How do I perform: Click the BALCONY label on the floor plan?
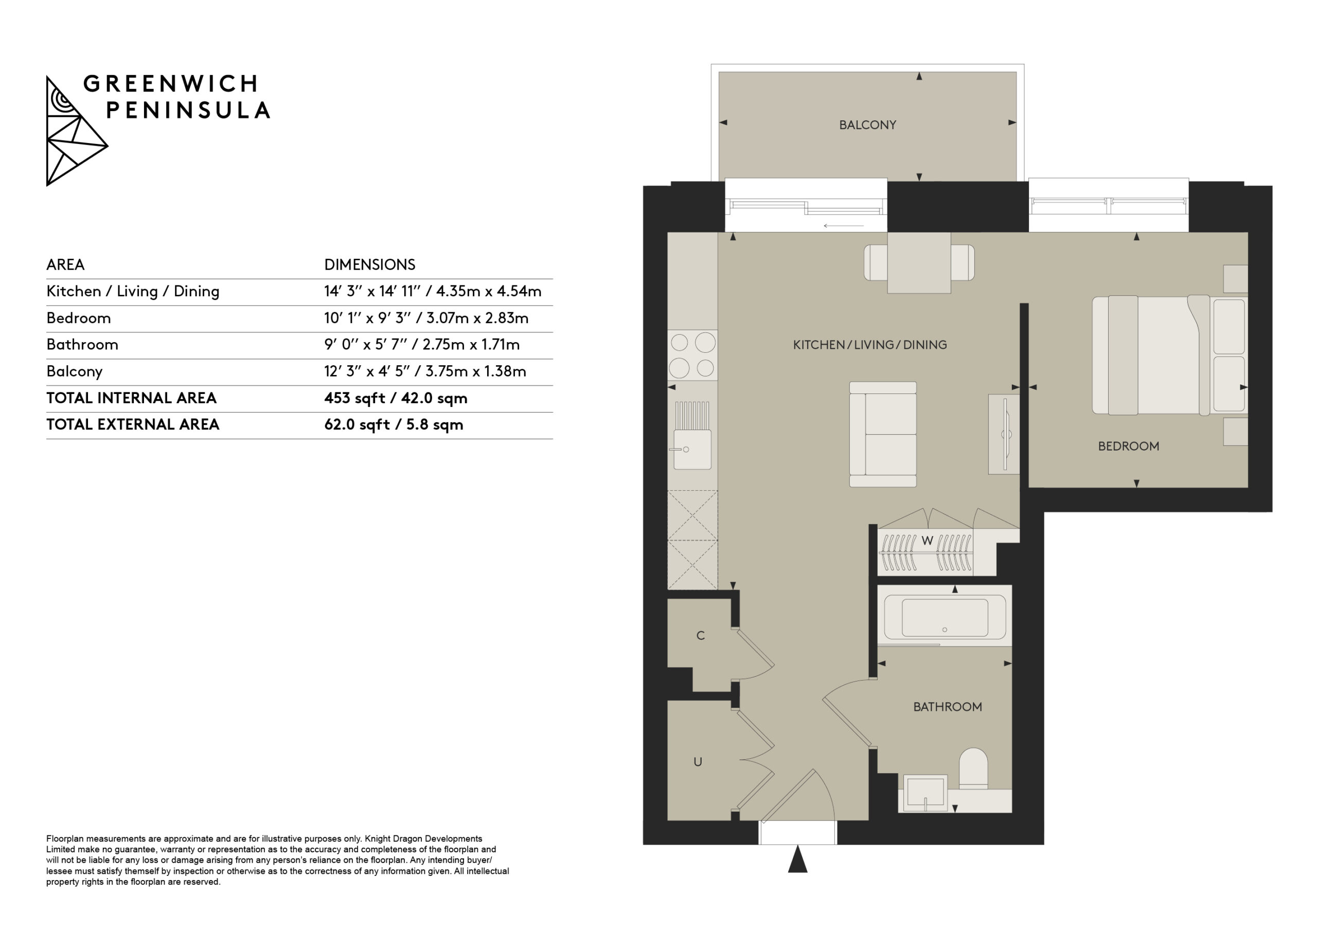coord(867,125)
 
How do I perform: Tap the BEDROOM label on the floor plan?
coord(1128,446)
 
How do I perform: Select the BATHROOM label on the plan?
coord(948,707)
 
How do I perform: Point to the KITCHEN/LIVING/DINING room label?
coord(869,345)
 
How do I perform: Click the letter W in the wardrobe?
coord(927,541)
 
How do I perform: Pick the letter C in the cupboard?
coord(700,636)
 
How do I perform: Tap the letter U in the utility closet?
coord(698,762)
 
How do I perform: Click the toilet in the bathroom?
coord(973,768)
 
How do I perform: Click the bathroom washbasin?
coord(925,793)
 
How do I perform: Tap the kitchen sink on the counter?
coord(692,436)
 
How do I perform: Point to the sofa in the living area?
coord(883,434)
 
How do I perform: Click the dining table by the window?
coord(919,263)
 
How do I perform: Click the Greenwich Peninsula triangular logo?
coord(76,131)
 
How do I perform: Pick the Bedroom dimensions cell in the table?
coord(426,318)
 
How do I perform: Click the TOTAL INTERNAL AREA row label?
coord(131,398)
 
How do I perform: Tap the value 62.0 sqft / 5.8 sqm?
coord(394,425)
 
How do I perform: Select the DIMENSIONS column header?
coord(370,264)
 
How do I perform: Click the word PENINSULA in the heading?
coord(188,110)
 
